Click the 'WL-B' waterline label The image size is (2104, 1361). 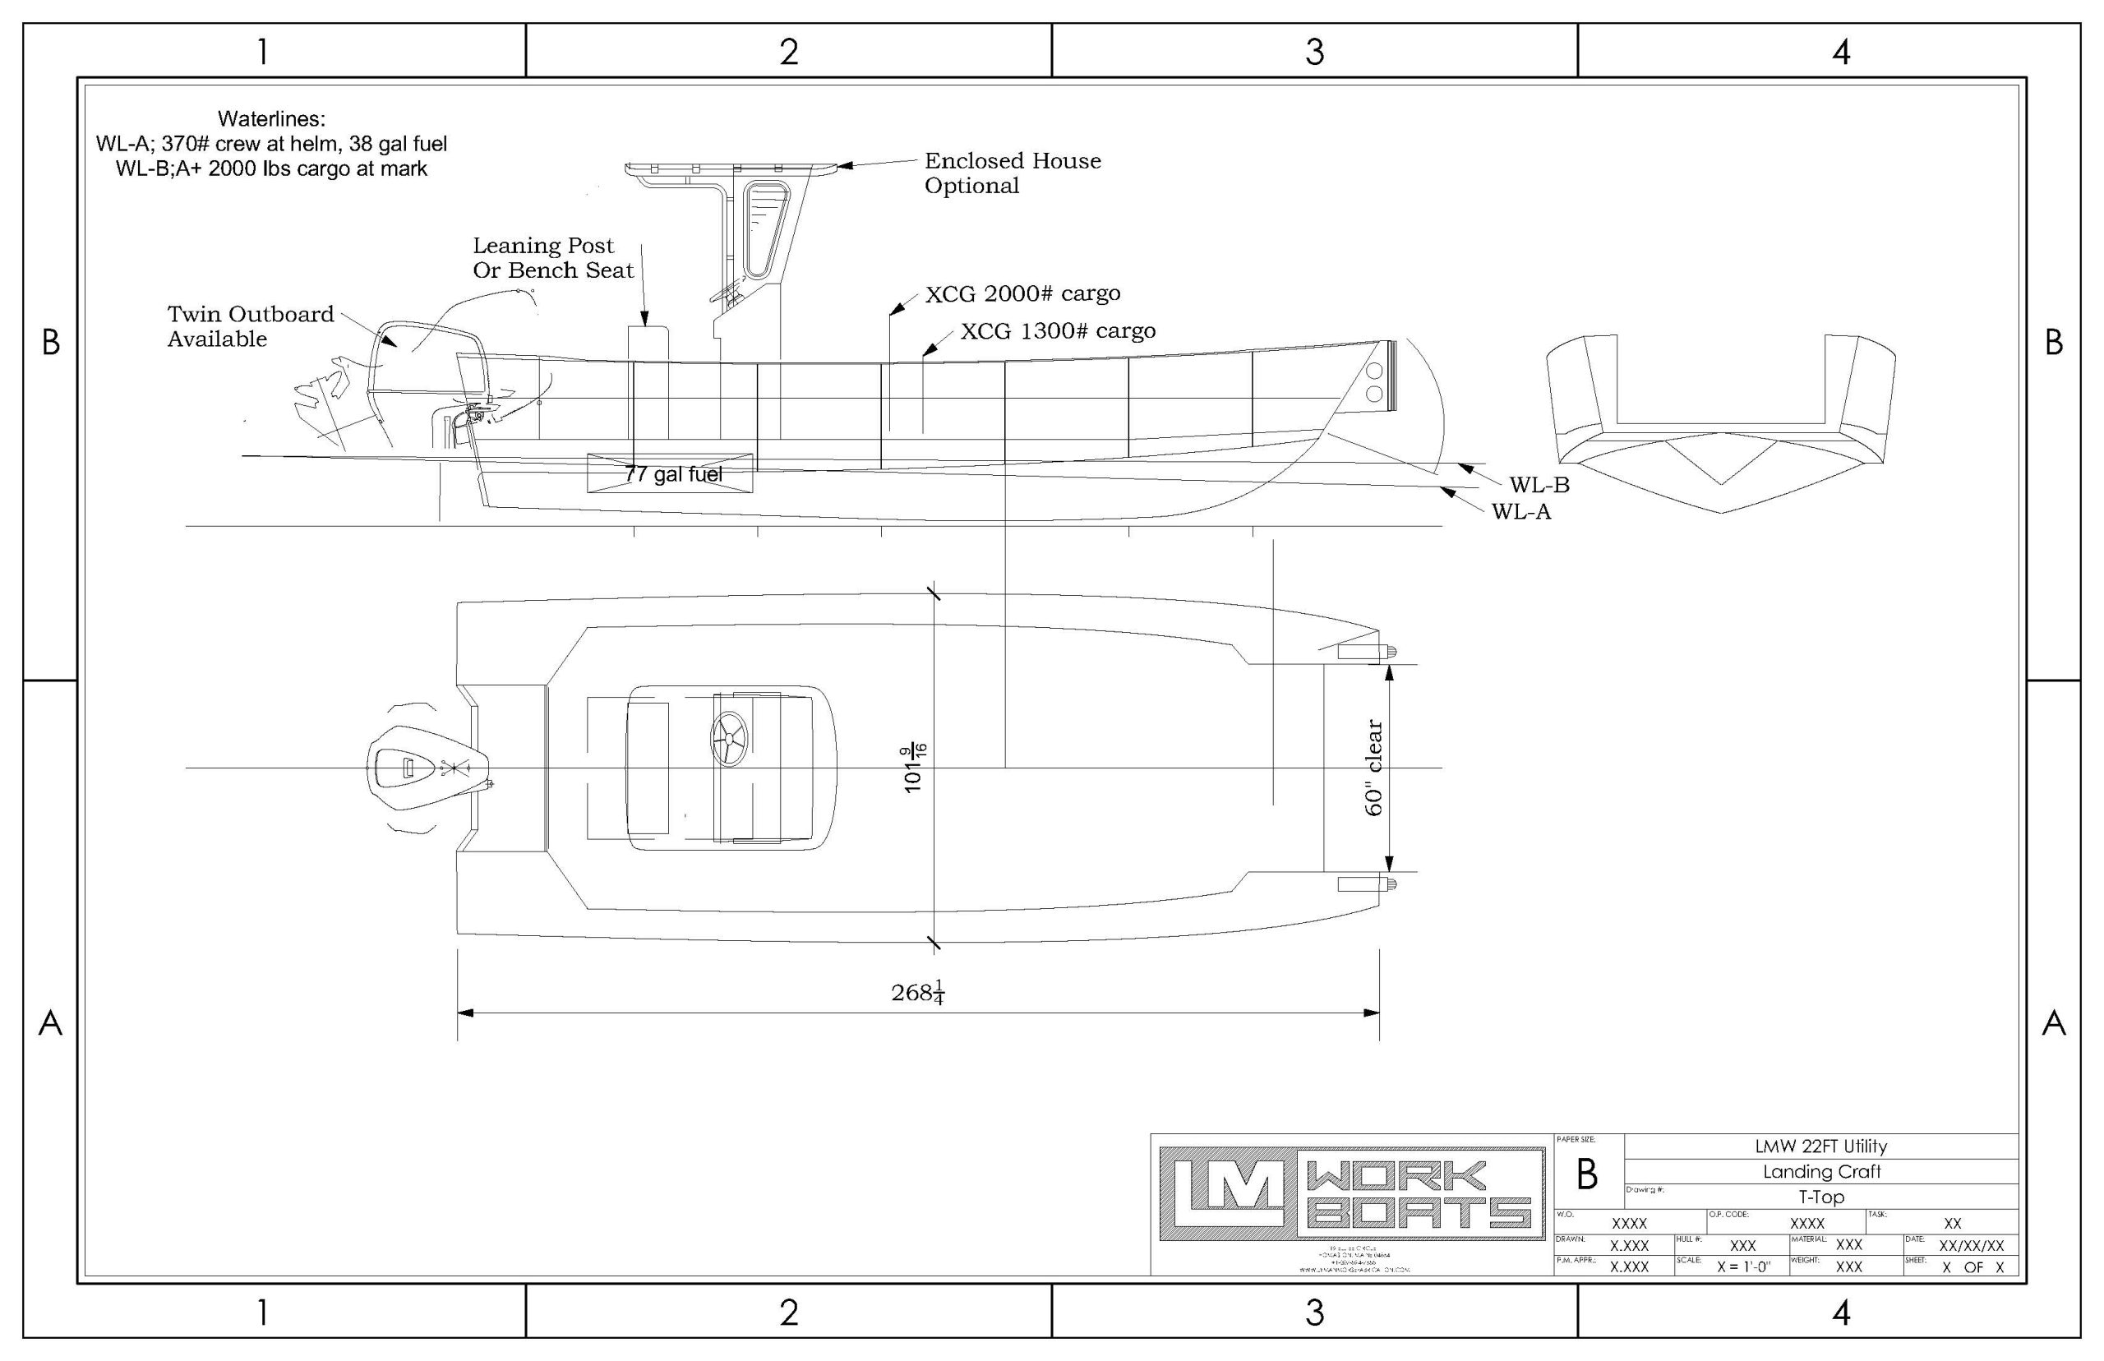pos(1539,484)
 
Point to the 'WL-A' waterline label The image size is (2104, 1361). pos(1521,512)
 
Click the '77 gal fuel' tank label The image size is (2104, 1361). pos(673,474)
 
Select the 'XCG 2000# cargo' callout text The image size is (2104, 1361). pos(1022,293)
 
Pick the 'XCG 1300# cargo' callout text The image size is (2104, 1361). pos(1058,330)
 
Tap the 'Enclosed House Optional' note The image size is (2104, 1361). pos(1012,173)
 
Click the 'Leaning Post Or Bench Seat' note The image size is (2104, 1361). pos(553,258)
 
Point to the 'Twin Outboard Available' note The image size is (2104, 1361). pos(250,326)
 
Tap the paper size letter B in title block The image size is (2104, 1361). pos(1587,1174)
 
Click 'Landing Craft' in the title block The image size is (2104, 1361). pos(1821,1172)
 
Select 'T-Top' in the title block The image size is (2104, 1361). pos(1821,1197)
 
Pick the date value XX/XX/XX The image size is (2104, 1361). pos(1972,1245)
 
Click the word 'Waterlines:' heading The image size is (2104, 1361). pos(271,118)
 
